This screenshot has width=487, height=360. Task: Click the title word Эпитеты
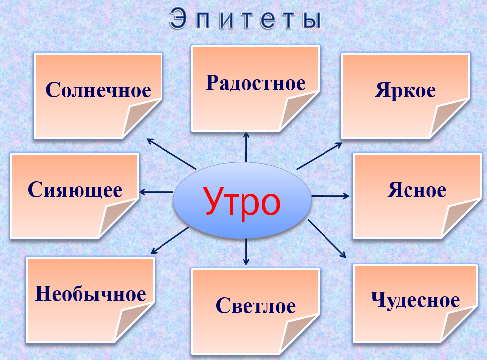245,19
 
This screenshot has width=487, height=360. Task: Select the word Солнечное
98,90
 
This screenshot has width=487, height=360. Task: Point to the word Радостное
255,83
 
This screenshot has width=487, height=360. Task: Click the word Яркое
406,90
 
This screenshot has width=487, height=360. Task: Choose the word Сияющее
75,190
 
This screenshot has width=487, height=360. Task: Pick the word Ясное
417,190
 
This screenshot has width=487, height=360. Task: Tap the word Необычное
90,293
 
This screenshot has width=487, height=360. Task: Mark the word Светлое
255,305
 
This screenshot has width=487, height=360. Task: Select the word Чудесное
415,300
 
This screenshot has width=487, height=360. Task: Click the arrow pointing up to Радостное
246,147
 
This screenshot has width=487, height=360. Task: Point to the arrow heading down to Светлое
246,252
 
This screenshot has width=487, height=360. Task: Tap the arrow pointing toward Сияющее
156,192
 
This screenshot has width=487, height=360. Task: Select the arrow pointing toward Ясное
330,196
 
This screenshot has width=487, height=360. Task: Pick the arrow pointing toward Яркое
319,156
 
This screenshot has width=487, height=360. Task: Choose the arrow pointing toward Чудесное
327,239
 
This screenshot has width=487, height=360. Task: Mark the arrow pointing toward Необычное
169,240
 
